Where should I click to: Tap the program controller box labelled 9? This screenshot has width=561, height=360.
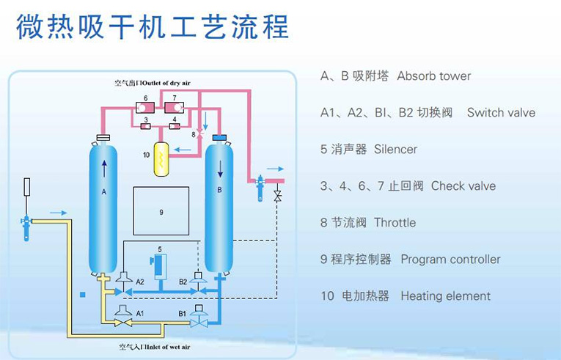161,210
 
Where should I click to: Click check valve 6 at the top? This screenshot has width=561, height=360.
139,109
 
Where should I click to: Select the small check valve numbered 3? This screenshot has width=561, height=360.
146,127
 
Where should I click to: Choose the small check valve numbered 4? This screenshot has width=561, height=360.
174,127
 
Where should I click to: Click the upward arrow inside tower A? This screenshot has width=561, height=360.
103,169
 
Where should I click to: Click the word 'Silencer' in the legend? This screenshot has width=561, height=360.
395,150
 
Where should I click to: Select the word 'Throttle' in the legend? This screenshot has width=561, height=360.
395,223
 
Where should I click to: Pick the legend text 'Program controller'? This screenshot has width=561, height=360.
450,260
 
